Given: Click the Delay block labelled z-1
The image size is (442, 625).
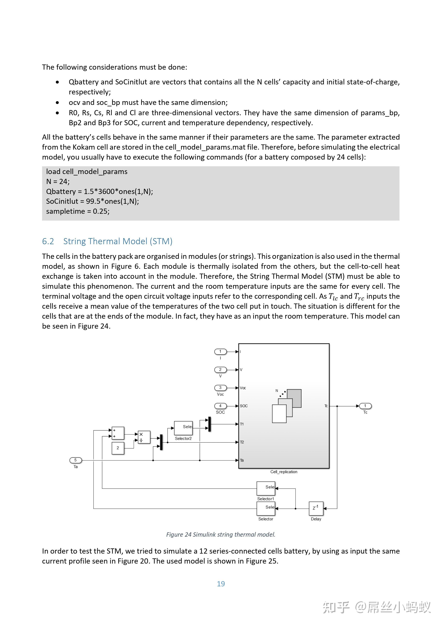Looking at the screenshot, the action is pos(316,508).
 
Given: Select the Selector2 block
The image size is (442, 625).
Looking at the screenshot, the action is pos(183,428).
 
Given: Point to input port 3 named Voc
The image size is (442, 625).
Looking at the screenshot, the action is pos(220,388).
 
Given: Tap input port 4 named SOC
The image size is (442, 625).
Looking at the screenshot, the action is pos(220,406).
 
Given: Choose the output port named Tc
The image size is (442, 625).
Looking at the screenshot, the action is pos(365,406).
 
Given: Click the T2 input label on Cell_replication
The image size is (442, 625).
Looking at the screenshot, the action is pos(242,442).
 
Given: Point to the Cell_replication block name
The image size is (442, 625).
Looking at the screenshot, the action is pos(284,472).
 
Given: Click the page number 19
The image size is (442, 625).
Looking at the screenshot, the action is pos(221,584).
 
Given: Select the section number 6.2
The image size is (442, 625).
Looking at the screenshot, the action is pos(48,241).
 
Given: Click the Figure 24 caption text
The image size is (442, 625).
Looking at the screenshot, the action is pos(221,534).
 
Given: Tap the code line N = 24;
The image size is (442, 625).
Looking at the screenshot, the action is pos(58,181).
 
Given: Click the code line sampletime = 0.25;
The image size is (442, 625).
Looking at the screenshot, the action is pos(78,211).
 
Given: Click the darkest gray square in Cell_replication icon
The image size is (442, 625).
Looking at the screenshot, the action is pos(294,398).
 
